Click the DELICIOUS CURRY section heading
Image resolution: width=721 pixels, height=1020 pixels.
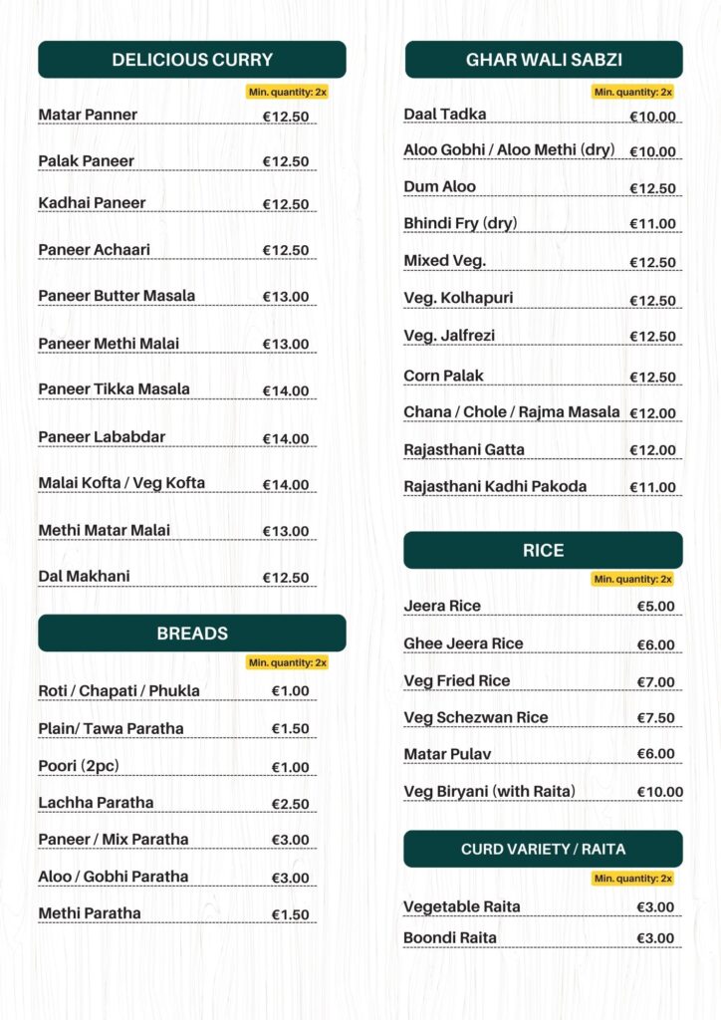tap(192, 60)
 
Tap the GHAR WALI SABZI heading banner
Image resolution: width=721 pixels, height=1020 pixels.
tap(544, 60)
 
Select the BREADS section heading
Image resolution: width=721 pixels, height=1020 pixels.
tap(192, 634)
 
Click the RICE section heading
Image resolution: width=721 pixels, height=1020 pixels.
tap(544, 551)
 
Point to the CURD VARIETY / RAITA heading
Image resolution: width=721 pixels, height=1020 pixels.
tap(544, 850)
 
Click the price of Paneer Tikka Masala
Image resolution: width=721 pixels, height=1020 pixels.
tap(286, 391)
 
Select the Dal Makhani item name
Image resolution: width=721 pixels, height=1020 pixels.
tap(85, 577)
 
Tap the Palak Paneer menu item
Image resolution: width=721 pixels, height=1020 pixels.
tap(87, 161)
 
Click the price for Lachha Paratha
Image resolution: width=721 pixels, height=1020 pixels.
tap(291, 804)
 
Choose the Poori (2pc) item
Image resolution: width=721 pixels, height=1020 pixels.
tap(79, 766)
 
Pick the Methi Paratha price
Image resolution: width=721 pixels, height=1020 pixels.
tap(291, 914)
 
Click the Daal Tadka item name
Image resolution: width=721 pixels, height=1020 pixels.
tap(445, 115)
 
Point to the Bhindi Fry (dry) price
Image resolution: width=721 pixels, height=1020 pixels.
tap(652, 224)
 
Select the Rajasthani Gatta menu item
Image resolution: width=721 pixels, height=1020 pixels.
tap(464, 450)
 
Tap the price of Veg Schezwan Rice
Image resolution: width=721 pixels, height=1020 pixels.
tap(656, 718)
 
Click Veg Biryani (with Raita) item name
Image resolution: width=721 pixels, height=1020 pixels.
tap(490, 792)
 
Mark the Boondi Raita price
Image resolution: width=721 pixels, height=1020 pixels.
tap(656, 938)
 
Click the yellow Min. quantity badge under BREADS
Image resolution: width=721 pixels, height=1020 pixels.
tap(287, 662)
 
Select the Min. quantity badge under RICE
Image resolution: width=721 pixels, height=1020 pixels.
tap(633, 579)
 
